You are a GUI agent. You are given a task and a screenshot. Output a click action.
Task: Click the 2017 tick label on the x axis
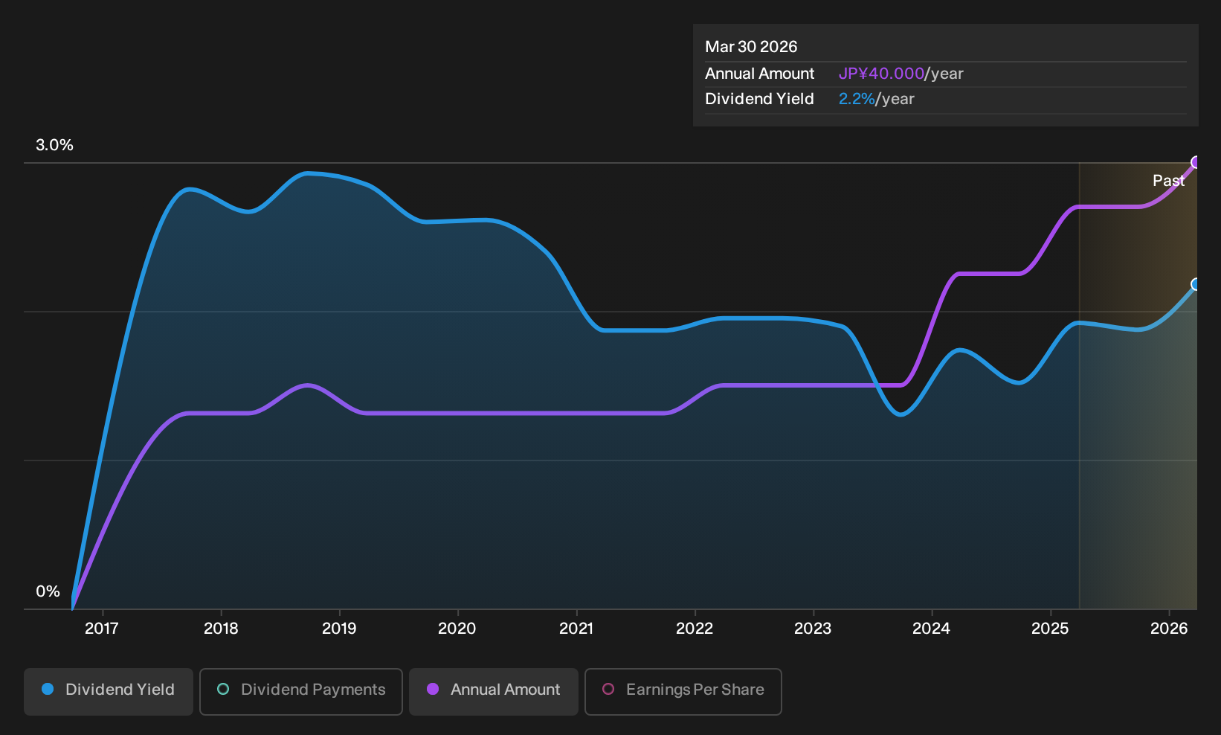click(x=102, y=629)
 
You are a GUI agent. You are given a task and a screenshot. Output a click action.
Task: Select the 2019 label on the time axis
click(x=339, y=629)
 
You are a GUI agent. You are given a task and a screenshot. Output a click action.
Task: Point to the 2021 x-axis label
click(x=576, y=629)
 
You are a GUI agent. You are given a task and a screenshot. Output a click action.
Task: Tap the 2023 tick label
click(x=813, y=629)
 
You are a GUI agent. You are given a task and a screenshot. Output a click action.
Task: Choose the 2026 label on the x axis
click(x=1169, y=629)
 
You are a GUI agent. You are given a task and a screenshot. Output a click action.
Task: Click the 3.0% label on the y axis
click(x=54, y=145)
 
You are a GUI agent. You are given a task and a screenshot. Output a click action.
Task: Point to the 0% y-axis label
click(x=48, y=591)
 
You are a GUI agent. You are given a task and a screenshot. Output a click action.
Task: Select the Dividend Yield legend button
click(x=109, y=691)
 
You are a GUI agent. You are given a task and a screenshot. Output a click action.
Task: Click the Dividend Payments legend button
click(x=301, y=691)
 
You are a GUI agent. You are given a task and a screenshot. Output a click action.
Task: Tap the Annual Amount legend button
click(x=493, y=691)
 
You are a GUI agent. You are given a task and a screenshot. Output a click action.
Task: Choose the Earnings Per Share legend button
click(x=683, y=691)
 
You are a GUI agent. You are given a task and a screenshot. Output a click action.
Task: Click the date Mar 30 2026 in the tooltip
click(x=751, y=47)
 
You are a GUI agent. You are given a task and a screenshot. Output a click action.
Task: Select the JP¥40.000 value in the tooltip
click(x=881, y=74)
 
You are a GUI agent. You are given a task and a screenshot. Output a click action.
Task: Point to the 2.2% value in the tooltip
click(x=857, y=99)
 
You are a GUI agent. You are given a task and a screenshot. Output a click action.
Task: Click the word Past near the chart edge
click(x=1169, y=181)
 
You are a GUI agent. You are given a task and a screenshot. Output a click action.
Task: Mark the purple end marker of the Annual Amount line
click(x=1195, y=162)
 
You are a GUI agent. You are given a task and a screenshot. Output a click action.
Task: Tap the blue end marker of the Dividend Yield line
click(x=1195, y=284)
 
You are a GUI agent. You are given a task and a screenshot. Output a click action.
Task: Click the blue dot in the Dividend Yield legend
click(x=48, y=689)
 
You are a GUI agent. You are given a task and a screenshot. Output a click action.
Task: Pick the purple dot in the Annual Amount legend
click(x=433, y=689)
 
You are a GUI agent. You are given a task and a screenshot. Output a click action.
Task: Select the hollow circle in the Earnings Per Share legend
click(x=608, y=689)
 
